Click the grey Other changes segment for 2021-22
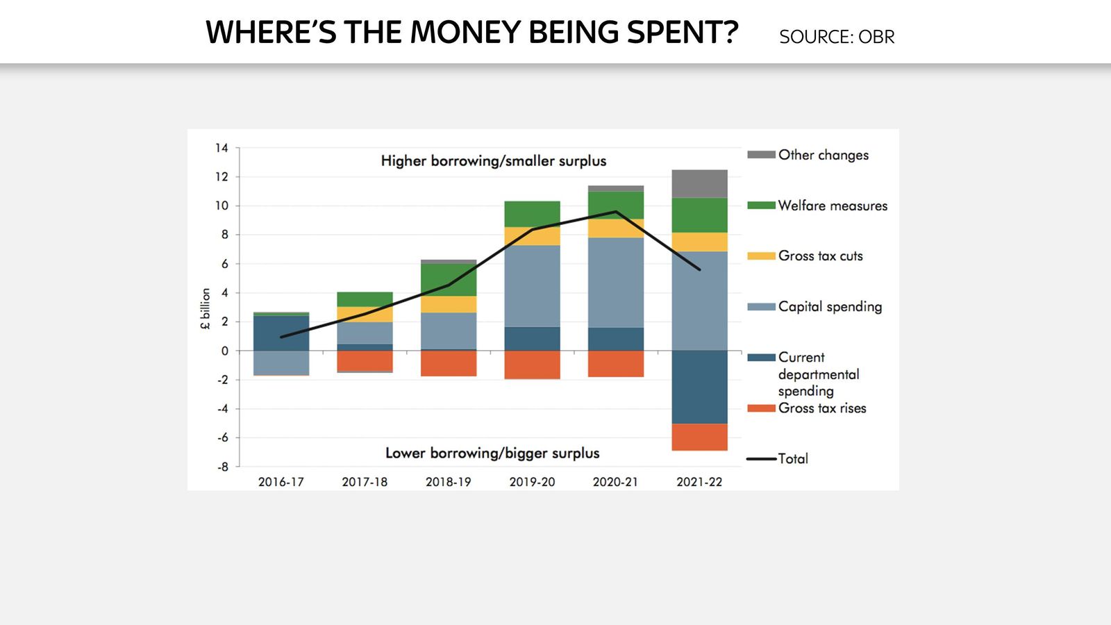(x=699, y=184)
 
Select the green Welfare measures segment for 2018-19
(x=449, y=280)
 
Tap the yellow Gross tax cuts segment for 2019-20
(x=532, y=236)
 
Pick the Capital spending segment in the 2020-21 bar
(x=616, y=282)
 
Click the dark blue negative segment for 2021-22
(x=699, y=387)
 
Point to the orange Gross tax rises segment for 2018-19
(x=449, y=363)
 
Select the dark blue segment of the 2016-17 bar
(x=281, y=333)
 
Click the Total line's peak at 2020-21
(x=616, y=212)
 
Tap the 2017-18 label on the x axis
(x=365, y=482)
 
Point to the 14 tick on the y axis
(x=222, y=148)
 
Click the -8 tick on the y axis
(x=222, y=467)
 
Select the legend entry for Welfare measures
(x=832, y=206)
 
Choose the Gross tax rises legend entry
(x=821, y=408)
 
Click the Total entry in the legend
(x=792, y=458)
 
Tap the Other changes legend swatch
(x=761, y=155)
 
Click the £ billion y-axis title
(x=206, y=308)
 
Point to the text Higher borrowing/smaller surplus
(x=493, y=161)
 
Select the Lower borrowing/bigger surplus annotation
(x=492, y=453)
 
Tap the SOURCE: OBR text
(x=837, y=37)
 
